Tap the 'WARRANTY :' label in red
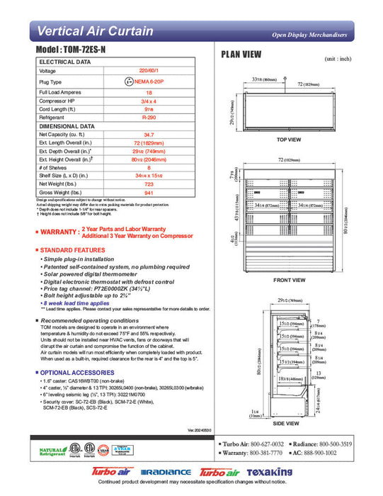tap(57, 232)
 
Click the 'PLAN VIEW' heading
tap(241, 55)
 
